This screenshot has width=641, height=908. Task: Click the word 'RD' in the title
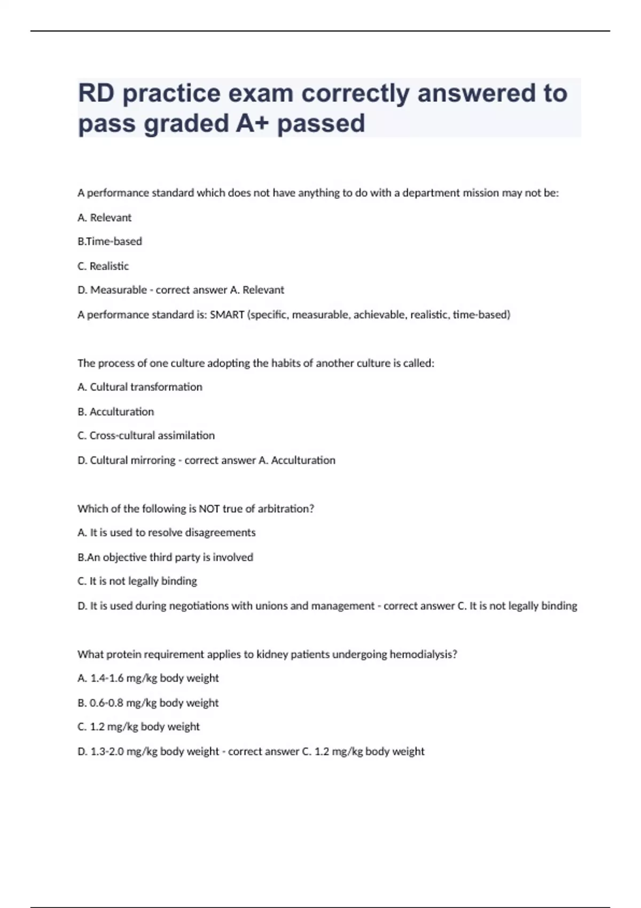coord(96,93)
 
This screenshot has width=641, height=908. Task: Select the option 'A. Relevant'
coord(104,218)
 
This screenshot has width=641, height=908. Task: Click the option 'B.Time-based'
coord(110,241)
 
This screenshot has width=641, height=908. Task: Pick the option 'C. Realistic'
coord(103,266)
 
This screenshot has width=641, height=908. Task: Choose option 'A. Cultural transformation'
coord(140,387)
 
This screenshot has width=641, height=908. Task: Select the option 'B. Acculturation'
coord(115,412)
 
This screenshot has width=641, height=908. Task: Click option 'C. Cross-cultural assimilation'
coord(146,436)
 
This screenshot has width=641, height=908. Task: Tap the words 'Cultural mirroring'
coord(132,460)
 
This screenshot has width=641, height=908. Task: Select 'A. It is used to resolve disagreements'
coord(166,533)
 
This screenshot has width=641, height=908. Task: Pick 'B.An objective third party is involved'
coord(165,557)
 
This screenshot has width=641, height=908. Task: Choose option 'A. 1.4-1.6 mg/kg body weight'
coord(148,678)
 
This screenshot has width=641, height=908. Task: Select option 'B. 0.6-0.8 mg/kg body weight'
coord(148,703)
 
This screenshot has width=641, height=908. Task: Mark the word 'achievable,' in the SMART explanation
coord(379,315)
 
